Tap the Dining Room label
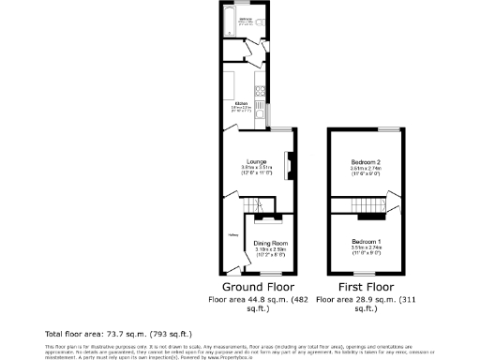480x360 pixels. (x=270, y=243)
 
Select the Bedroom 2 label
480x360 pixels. (x=365, y=161)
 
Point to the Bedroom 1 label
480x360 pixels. (x=365, y=242)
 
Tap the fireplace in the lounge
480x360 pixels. (x=288, y=166)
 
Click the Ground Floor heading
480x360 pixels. (x=258, y=286)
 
